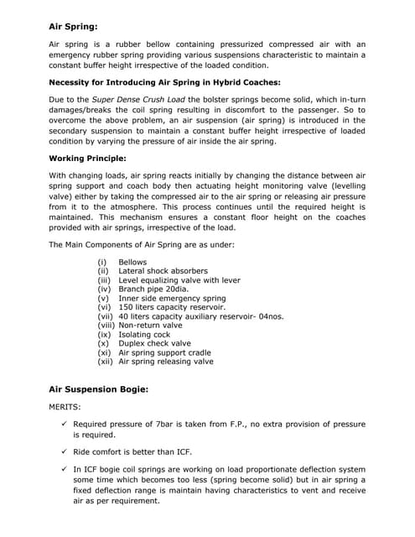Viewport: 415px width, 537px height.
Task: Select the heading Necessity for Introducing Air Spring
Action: (164, 82)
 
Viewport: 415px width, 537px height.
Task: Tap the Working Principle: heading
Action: (87, 158)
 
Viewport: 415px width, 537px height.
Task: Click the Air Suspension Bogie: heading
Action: (99, 389)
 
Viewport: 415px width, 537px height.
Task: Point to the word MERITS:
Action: (65, 407)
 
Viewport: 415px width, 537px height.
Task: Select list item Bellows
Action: (132, 263)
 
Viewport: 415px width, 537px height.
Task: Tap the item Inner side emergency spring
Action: (172, 298)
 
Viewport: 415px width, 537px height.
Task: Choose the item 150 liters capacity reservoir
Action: (174, 307)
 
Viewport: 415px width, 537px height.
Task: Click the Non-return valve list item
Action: (150, 325)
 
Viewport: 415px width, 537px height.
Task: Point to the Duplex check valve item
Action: (154, 343)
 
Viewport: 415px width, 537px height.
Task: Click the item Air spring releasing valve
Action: (166, 362)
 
